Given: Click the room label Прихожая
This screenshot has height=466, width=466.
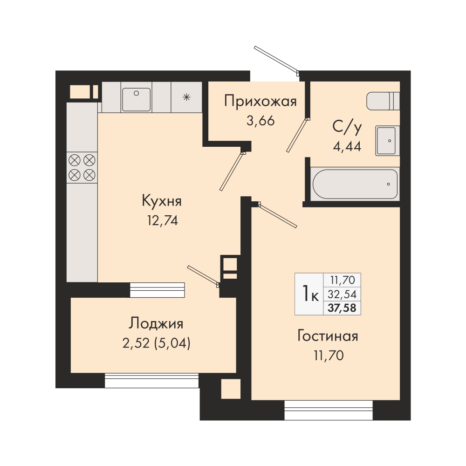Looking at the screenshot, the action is [x=260, y=101].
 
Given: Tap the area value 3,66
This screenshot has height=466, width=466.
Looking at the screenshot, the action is [x=260, y=121].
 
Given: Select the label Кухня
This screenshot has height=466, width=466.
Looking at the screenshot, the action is [x=162, y=201].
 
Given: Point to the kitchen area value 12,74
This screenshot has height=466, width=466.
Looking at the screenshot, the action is [x=163, y=220].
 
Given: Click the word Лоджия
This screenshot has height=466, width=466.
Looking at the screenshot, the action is [x=156, y=324].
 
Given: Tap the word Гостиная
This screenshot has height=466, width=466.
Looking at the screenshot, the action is [x=328, y=336].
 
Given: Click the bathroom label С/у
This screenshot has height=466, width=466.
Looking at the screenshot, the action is [x=347, y=127].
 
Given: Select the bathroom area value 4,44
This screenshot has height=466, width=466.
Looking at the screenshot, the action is [x=347, y=146].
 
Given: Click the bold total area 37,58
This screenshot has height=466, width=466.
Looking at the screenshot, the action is [x=342, y=308].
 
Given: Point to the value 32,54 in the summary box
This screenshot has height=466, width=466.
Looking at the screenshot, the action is [x=342, y=294].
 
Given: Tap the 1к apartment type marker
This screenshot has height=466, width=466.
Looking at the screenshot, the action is [x=310, y=293].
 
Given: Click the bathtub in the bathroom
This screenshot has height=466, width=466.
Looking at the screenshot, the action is [x=355, y=184].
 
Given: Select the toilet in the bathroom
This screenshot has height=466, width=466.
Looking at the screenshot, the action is [x=383, y=101].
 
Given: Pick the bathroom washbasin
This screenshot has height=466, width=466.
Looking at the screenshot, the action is [x=387, y=141].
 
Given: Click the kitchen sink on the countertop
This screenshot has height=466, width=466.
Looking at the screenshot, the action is [x=137, y=99].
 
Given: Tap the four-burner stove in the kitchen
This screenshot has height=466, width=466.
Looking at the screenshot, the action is [x=82, y=168].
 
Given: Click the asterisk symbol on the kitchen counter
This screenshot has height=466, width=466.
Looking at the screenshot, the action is [x=186, y=97].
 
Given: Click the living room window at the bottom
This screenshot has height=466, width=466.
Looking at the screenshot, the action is [x=329, y=410].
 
